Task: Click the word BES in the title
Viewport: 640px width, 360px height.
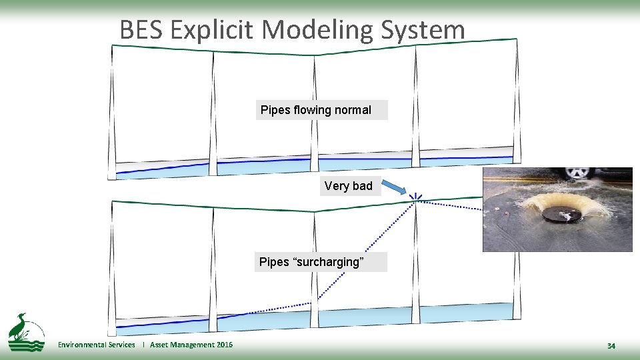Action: click(x=141, y=30)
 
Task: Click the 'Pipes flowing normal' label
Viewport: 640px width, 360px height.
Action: click(x=321, y=110)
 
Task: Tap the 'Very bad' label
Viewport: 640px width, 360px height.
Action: click(x=349, y=186)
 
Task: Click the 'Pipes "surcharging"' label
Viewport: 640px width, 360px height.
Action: click(x=320, y=262)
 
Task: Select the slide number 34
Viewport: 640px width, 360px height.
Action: click(x=611, y=346)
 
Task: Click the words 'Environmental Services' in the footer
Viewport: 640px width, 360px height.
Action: click(x=96, y=345)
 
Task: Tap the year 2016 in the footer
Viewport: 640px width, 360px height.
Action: click(x=225, y=345)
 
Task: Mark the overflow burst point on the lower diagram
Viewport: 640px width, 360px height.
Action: click(x=416, y=197)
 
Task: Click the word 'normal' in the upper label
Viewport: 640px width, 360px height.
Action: click(x=353, y=110)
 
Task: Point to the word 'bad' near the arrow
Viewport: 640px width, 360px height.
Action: click(x=361, y=186)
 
